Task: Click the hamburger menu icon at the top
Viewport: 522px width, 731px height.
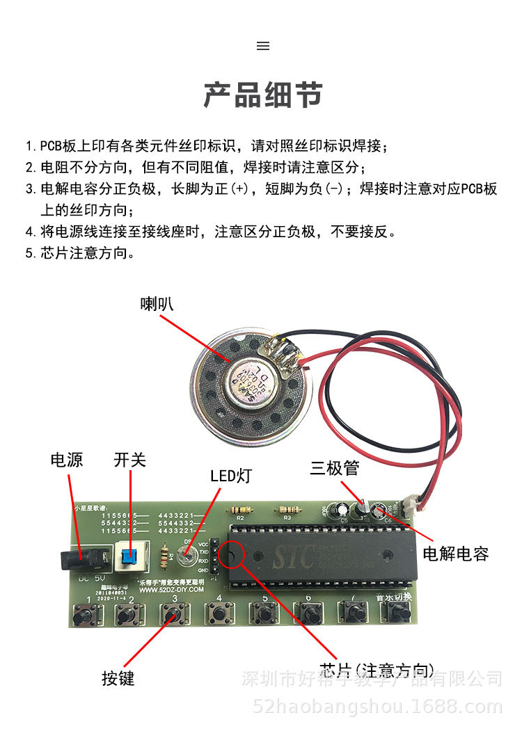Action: (263, 46)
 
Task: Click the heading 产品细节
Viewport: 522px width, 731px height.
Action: (263, 95)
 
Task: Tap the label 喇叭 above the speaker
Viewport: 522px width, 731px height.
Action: (157, 304)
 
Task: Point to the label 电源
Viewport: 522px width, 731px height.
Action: (67, 460)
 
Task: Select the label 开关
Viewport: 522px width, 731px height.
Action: (130, 460)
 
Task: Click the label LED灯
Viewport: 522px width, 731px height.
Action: (231, 476)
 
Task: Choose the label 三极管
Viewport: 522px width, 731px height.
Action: (335, 468)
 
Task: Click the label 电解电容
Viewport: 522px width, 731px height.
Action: (456, 554)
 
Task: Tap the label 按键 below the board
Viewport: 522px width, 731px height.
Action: (118, 678)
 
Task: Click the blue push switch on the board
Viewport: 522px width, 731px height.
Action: (128, 556)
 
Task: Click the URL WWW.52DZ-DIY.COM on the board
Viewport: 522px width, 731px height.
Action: (171, 588)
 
